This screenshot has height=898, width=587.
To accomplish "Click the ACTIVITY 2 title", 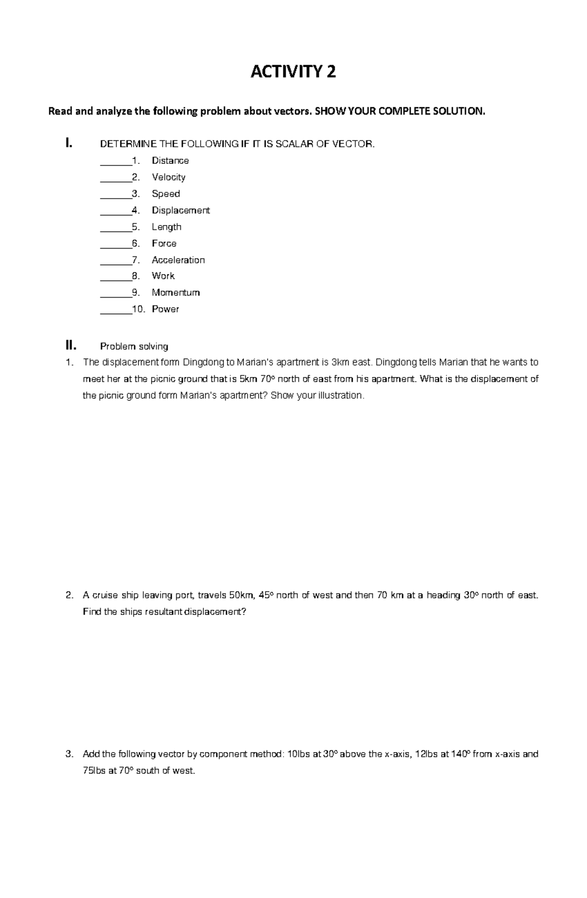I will coord(293,72).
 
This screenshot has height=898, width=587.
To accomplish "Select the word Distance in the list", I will coord(170,161).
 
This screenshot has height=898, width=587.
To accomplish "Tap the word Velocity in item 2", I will coord(168,177).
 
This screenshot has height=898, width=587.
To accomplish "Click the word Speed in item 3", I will coord(166,194).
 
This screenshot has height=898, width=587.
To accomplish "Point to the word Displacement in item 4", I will coord(181,210).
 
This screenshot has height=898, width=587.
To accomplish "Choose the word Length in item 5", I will coord(166,227).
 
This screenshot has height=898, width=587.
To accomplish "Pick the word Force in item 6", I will coord(164,243).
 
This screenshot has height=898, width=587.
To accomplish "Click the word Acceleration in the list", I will coord(178,260).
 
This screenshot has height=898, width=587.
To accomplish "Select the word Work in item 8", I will coord(163,276).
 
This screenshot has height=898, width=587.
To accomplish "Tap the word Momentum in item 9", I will coord(176,293).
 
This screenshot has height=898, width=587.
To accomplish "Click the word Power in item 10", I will coord(165,309).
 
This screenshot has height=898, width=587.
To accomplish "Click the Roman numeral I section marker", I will coord(69,143).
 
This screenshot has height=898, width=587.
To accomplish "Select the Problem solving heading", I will coord(134,346).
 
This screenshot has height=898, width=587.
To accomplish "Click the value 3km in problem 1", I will coord(341,363).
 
